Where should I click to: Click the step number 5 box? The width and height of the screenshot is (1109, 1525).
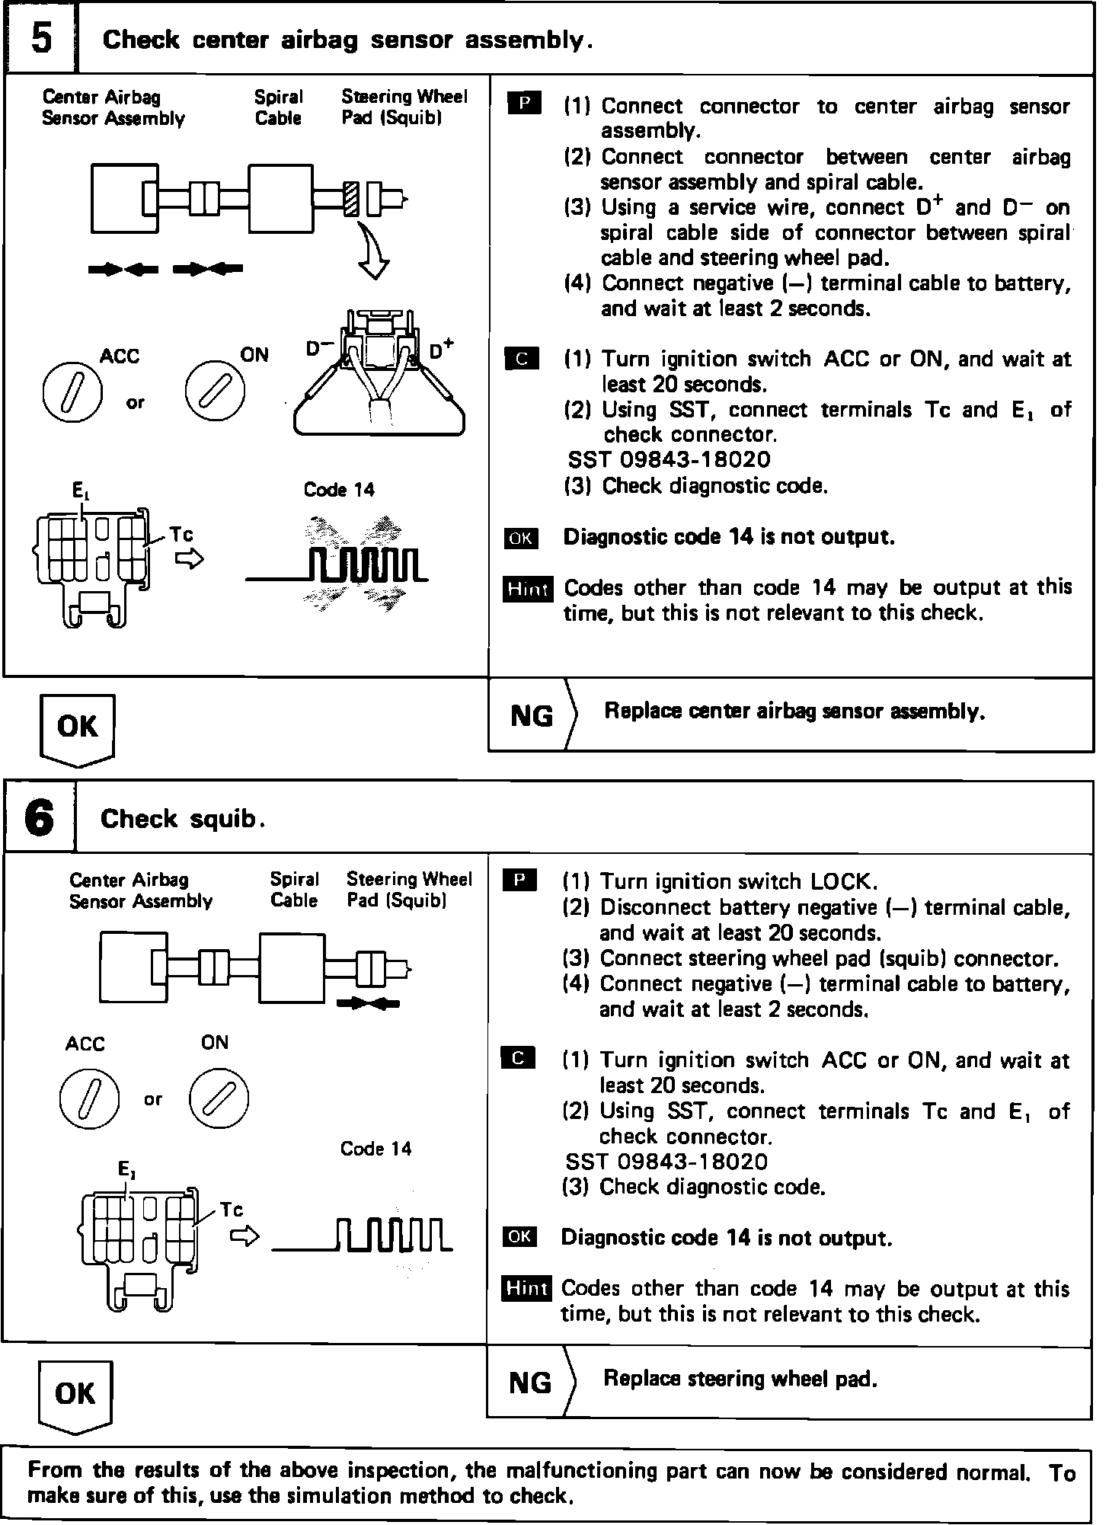(x=41, y=38)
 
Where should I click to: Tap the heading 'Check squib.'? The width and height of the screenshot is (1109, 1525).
(x=184, y=820)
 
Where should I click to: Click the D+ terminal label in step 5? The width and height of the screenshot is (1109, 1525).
(x=441, y=350)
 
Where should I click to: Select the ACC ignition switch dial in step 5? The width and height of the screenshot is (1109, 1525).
(x=72, y=393)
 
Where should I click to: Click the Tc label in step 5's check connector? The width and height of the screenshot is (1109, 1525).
(x=181, y=534)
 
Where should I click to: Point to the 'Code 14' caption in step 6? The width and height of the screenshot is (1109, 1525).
(x=376, y=1149)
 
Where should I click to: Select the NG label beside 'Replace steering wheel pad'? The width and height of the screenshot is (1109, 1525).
(x=530, y=1382)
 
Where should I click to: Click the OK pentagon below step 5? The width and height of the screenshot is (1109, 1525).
(x=77, y=727)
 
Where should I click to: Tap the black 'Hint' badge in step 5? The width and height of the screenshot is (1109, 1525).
(x=528, y=589)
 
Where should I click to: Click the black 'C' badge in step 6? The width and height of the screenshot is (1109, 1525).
(x=519, y=1058)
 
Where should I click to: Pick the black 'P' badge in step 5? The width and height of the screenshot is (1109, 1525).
(x=523, y=103)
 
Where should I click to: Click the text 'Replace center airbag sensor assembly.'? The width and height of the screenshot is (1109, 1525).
(x=794, y=711)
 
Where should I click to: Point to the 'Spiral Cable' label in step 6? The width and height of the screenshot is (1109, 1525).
(x=294, y=890)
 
